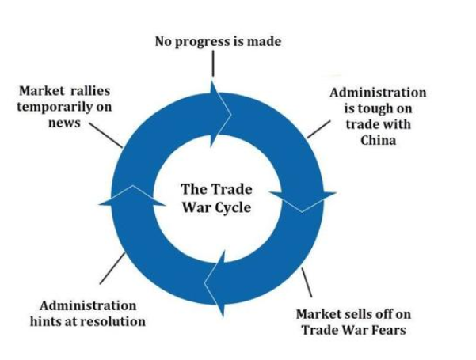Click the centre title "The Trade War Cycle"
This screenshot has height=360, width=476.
215,198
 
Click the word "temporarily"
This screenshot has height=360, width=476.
52,107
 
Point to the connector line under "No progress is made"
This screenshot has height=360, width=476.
213,65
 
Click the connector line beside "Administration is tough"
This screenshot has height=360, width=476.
318,129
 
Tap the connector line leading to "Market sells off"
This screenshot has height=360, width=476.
306,282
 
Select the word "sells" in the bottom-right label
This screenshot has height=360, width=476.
360,314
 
